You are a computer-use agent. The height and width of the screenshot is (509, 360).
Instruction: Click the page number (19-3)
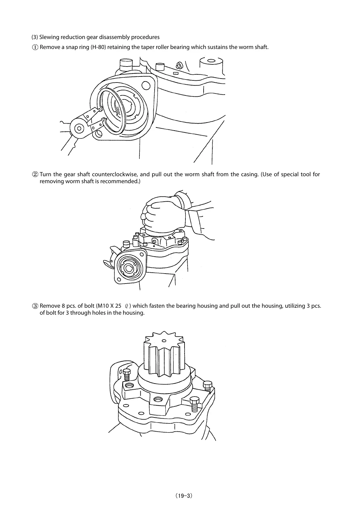tap(180, 496)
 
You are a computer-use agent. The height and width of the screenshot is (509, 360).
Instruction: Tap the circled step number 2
tap(35, 174)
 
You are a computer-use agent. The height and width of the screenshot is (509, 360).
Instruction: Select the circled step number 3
tap(35, 306)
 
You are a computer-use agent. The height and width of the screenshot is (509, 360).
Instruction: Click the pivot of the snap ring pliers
tap(79, 128)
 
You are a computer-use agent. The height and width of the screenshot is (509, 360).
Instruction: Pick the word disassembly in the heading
tap(109, 37)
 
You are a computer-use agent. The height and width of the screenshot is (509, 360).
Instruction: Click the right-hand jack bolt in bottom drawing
tap(208, 388)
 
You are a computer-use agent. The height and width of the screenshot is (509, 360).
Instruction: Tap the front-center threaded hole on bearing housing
tap(158, 399)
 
